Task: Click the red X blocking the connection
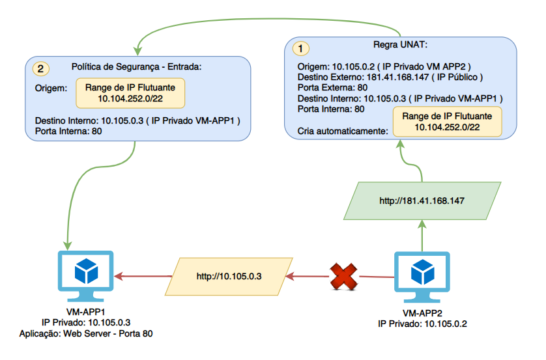pyautogui.click(x=343, y=277)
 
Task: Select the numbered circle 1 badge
pyautogui.click(x=301, y=48)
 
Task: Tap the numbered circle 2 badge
pyautogui.click(x=41, y=68)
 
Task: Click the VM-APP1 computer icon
pyautogui.click(x=85, y=276)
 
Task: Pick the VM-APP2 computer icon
pyautogui.click(x=422, y=277)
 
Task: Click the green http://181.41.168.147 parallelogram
pyautogui.click(x=422, y=201)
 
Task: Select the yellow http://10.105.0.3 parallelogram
pyautogui.click(x=229, y=277)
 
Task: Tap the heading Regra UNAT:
pyautogui.click(x=401, y=44)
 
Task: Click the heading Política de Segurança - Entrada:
pyautogui.click(x=137, y=67)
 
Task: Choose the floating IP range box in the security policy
pyautogui.click(x=130, y=93)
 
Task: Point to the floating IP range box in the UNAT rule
pyautogui.click(x=447, y=121)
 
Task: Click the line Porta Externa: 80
pyautogui.click(x=332, y=88)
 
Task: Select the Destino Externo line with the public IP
pyautogui.click(x=390, y=77)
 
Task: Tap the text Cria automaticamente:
pyautogui.click(x=343, y=131)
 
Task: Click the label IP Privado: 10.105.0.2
pyautogui.click(x=422, y=324)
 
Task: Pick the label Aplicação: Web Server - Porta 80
pyautogui.click(x=86, y=333)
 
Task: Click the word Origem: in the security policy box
pyautogui.click(x=51, y=89)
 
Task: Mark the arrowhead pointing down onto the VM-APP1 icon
pyautogui.click(x=67, y=246)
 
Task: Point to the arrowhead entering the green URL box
pyautogui.click(x=422, y=225)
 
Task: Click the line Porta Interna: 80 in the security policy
pyautogui.click(x=68, y=131)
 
